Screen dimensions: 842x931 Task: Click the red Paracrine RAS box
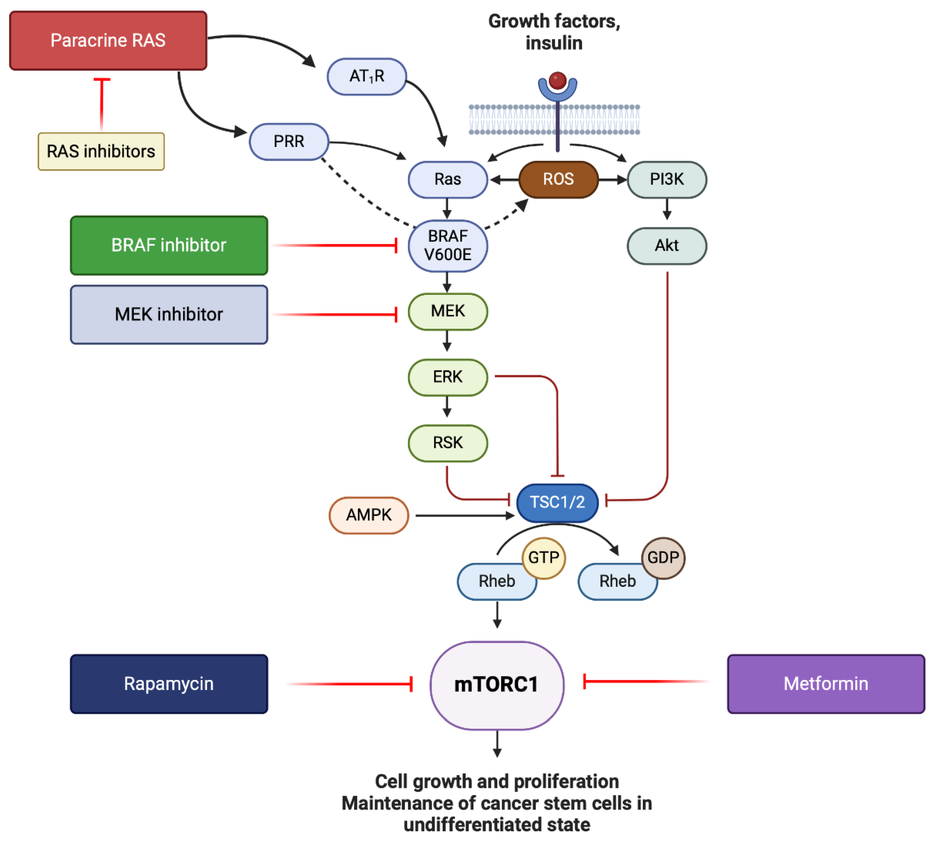[x=108, y=41]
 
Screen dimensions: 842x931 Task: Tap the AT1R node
[x=367, y=77]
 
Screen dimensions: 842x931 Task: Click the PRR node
[x=289, y=141]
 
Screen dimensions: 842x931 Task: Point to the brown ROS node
[x=558, y=179]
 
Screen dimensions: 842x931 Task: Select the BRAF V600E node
[x=448, y=246]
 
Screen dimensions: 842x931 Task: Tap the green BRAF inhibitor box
[x=169, y=245]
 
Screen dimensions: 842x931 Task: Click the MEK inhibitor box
[x=169, y=315]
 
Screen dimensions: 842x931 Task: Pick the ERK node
[x=448, y=377]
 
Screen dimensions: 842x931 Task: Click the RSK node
[x=448, y=443]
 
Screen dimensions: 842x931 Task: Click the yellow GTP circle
[x=544, y=557]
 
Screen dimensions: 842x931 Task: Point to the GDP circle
[x=663, y=557]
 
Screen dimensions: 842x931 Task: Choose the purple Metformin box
[x=826, y=684]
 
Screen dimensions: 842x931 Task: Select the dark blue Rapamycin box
[x=169, y=684]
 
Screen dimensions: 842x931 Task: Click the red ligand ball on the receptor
[x=558, y=80]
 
